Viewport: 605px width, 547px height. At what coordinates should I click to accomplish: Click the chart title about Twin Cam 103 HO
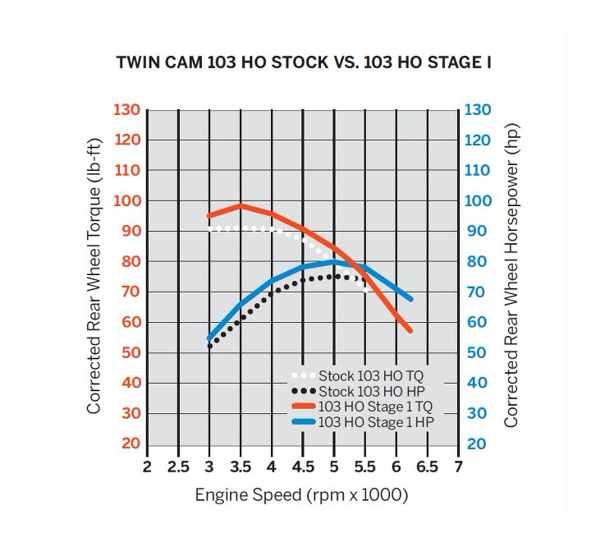tap(304, 62)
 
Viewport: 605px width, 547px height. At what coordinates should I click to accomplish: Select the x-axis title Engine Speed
tap(301, 495)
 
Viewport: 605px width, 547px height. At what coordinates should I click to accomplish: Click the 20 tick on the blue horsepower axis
tap(478, 444)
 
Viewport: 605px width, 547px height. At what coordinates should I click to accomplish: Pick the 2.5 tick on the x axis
tap(177, 467)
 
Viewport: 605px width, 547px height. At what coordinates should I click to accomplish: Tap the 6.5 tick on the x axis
tap(427, 467)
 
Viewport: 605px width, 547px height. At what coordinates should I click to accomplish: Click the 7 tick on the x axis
tap(458, 467)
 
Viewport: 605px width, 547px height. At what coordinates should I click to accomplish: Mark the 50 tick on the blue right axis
tap(478, 353)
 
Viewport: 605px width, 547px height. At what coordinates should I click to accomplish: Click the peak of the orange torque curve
tap(241, 205)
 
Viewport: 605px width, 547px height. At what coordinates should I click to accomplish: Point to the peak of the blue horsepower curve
tap(334, 263)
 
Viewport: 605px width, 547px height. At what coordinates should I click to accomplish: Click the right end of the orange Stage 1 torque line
tap(409, 330)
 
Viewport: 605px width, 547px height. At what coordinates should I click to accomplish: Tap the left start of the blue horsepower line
tap(209, 338)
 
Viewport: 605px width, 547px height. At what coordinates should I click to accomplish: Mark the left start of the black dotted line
tap(209, 347)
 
